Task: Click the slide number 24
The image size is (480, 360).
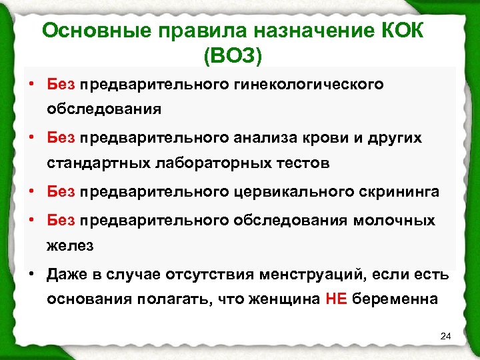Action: pyautogui.click(x=446, y=335)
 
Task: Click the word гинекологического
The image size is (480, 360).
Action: pyautogui.click(x=316, y=85)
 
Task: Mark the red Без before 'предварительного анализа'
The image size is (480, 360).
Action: pyautogui.click(x=61, y=138)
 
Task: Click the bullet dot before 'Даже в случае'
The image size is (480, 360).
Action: pyautogui.click(x=31, y=273)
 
